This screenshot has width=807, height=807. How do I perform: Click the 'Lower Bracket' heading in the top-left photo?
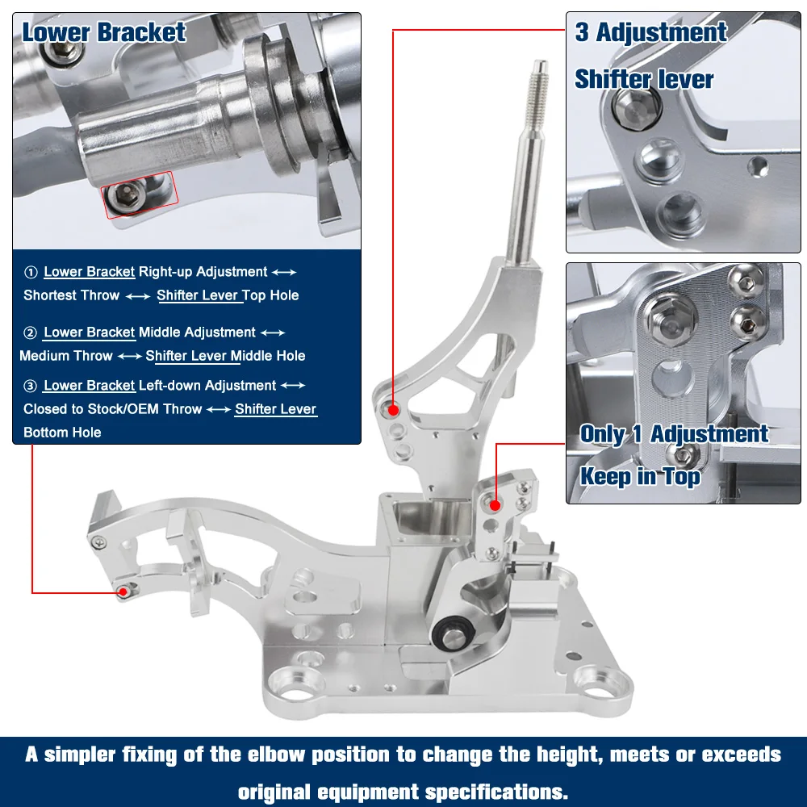[x=103, y=32]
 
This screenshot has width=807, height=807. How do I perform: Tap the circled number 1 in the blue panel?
[x=31, y=272]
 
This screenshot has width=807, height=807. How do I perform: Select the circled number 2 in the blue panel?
[x=31, y=333]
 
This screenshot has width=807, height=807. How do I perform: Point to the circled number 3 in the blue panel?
[x=31, y=386]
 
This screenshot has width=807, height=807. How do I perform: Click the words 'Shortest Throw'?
[x=72, y=295]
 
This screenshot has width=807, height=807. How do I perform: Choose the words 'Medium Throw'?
[x=66, y=356]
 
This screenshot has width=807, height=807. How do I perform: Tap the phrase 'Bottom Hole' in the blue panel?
[x=62, y=433]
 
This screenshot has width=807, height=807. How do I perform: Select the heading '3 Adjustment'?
[x=651, y=32]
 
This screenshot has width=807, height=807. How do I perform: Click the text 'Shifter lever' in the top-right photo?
[x=644, y=80]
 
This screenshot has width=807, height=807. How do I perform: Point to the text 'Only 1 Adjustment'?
[x=674, y=434]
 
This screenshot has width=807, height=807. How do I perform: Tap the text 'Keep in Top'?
[x=640, y=476]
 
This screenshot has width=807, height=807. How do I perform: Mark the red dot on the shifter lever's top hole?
[x=394, y=410]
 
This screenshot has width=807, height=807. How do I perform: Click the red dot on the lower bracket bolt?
[x=123, y=592]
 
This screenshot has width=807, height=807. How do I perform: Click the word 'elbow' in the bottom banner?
[x=278, y=755]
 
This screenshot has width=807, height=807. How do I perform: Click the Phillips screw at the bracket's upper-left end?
[x=98, y=542]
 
